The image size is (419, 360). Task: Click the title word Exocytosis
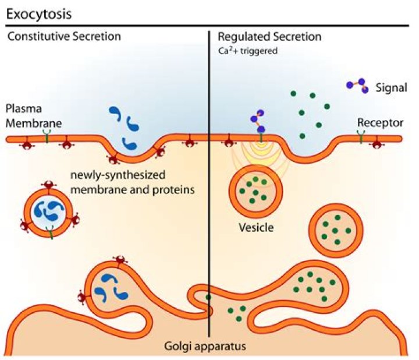click(x=38, y=12)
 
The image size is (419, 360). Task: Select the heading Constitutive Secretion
click(x=64, y=36)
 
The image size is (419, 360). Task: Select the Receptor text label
click(x=379, y=122)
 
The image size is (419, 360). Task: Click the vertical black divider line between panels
click(x=209, y=175)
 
